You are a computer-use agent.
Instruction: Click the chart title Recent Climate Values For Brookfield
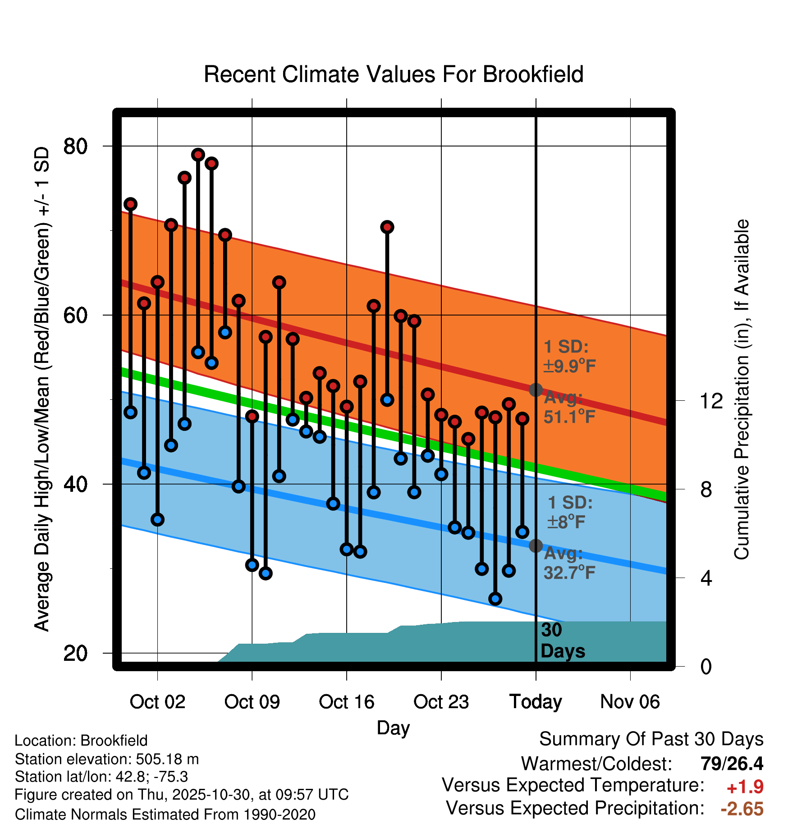coord(394,74)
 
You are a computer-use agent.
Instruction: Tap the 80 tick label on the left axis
coord(75,146)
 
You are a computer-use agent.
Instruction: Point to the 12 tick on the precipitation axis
coord(711,401)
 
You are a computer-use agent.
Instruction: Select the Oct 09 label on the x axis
coord(252,702)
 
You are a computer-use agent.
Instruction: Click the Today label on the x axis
coord(536,702)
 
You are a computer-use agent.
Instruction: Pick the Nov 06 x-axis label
coord(630,702)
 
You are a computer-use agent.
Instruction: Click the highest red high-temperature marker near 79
coord(198,155)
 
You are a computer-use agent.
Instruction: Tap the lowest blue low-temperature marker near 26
coord(495,599)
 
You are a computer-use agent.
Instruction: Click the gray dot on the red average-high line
coord(536,390)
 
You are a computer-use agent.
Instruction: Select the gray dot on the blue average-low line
coord(536,546)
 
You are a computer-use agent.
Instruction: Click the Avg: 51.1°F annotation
coord(569,407)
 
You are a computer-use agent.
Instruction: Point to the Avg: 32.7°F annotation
coord(569,563)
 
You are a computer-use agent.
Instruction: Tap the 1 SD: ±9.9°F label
coord(569,357)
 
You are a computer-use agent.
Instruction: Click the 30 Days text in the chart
coord(562,641)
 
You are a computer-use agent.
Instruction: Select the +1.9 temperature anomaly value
coord(745,787)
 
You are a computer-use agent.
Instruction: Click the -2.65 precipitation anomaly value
coord(742,809)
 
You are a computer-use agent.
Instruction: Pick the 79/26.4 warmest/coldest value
coord(732,764)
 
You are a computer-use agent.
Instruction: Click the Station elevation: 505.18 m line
coord(107,759)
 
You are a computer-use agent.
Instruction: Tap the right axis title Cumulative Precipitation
coord(741,389)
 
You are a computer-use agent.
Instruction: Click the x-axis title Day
coord(393,728)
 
